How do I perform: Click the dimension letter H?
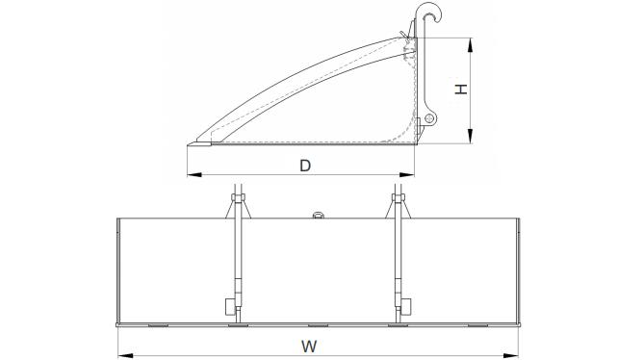461,89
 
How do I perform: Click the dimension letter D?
305,166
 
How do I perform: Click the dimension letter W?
309,347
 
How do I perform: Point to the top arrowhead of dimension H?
470,45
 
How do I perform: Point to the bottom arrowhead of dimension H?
470,136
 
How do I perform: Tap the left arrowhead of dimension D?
194,175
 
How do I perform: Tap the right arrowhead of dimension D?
407,175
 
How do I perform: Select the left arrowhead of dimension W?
125,355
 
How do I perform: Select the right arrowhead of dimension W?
511,355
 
